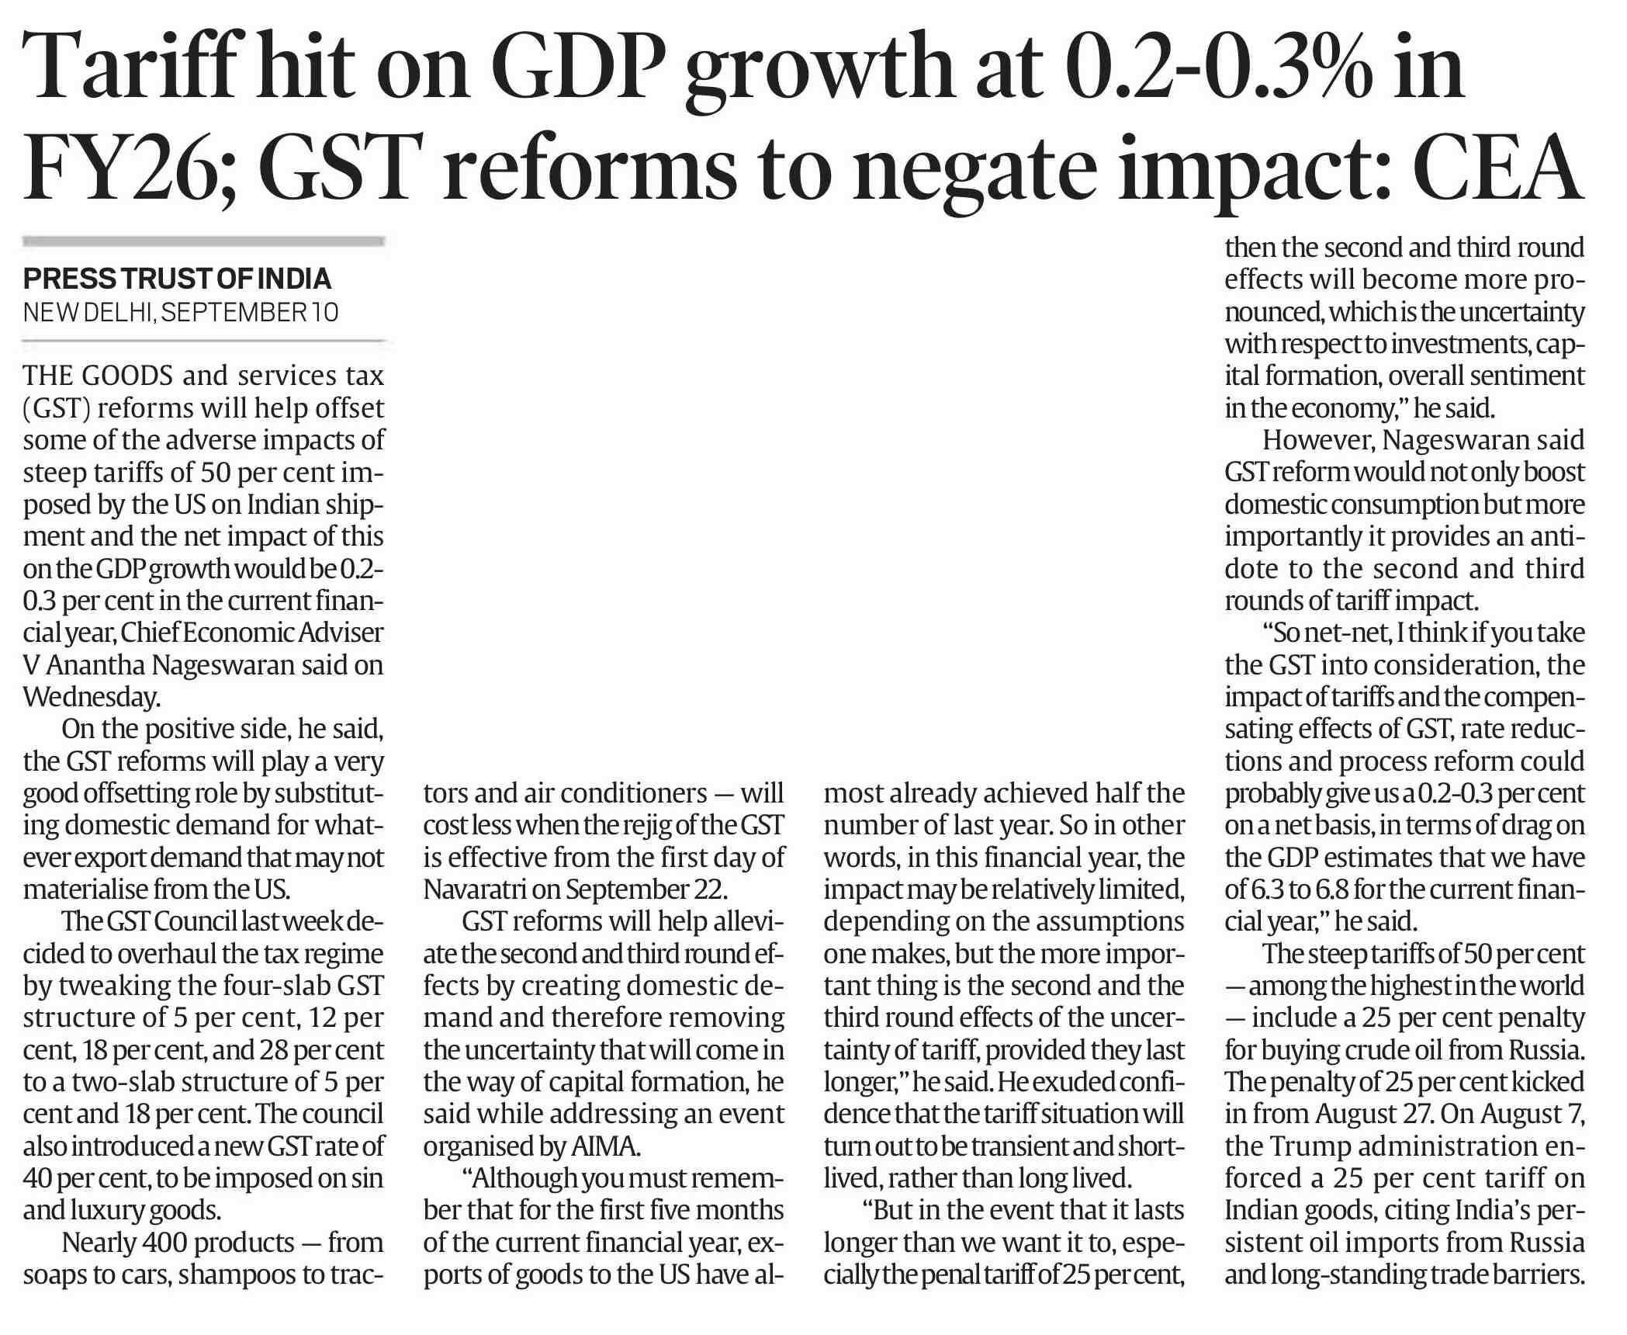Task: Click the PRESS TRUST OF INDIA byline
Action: tap(177, 279)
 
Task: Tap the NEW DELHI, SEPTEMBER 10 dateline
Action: tap(181, 312)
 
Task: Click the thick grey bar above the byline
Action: tap(204, 242)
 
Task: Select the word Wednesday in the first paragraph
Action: tap(91, 697)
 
